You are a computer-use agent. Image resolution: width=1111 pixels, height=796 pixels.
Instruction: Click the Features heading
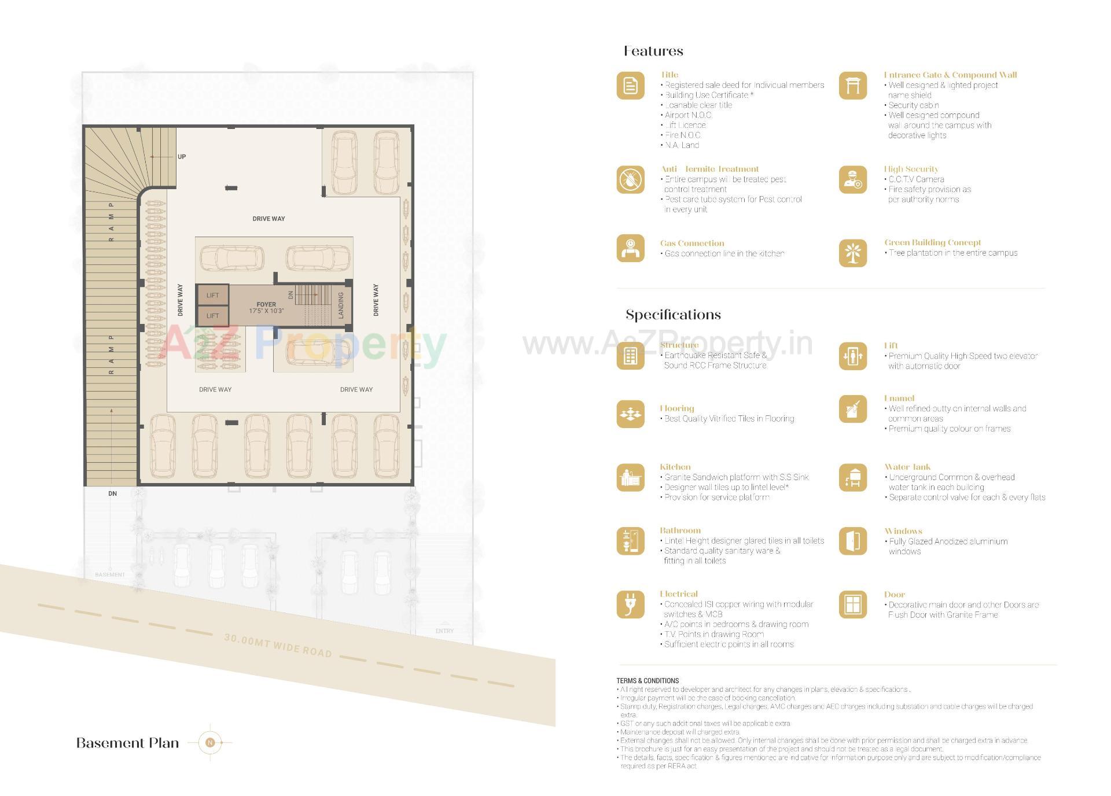(653, 51)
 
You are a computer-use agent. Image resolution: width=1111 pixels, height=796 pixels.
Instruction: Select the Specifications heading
(673, 315)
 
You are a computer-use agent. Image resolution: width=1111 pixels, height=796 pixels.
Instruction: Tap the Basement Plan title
(127, 743)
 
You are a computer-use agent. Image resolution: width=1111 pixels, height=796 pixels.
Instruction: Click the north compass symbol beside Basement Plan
(211, 742)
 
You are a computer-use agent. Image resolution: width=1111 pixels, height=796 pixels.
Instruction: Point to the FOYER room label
(266, 304)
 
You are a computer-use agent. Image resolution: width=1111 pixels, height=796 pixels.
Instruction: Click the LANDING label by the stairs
(341, 305)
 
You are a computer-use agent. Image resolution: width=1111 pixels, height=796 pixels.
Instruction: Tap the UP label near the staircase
(182, 157)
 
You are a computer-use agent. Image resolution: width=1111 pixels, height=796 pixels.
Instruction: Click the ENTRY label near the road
(444, 631)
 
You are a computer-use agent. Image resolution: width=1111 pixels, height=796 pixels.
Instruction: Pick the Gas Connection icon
(630, 248)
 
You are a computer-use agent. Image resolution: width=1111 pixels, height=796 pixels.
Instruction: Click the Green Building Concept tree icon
(853, 253)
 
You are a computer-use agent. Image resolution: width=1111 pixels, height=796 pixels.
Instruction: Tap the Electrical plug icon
(630, 605)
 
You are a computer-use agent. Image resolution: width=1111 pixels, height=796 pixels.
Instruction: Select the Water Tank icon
(853, 478)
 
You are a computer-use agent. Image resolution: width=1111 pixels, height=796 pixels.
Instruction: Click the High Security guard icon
(853, 180)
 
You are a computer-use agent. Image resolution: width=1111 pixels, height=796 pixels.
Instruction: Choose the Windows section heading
(903, 531)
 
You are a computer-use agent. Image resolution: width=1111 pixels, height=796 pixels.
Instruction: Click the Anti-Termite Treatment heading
(709, 169)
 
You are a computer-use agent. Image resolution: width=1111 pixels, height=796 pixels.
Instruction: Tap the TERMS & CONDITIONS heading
(648, 681)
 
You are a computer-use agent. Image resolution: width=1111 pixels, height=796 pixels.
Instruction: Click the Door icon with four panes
(853, 605)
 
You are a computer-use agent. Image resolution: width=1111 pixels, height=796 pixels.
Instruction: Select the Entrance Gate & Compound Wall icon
(853, 86)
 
